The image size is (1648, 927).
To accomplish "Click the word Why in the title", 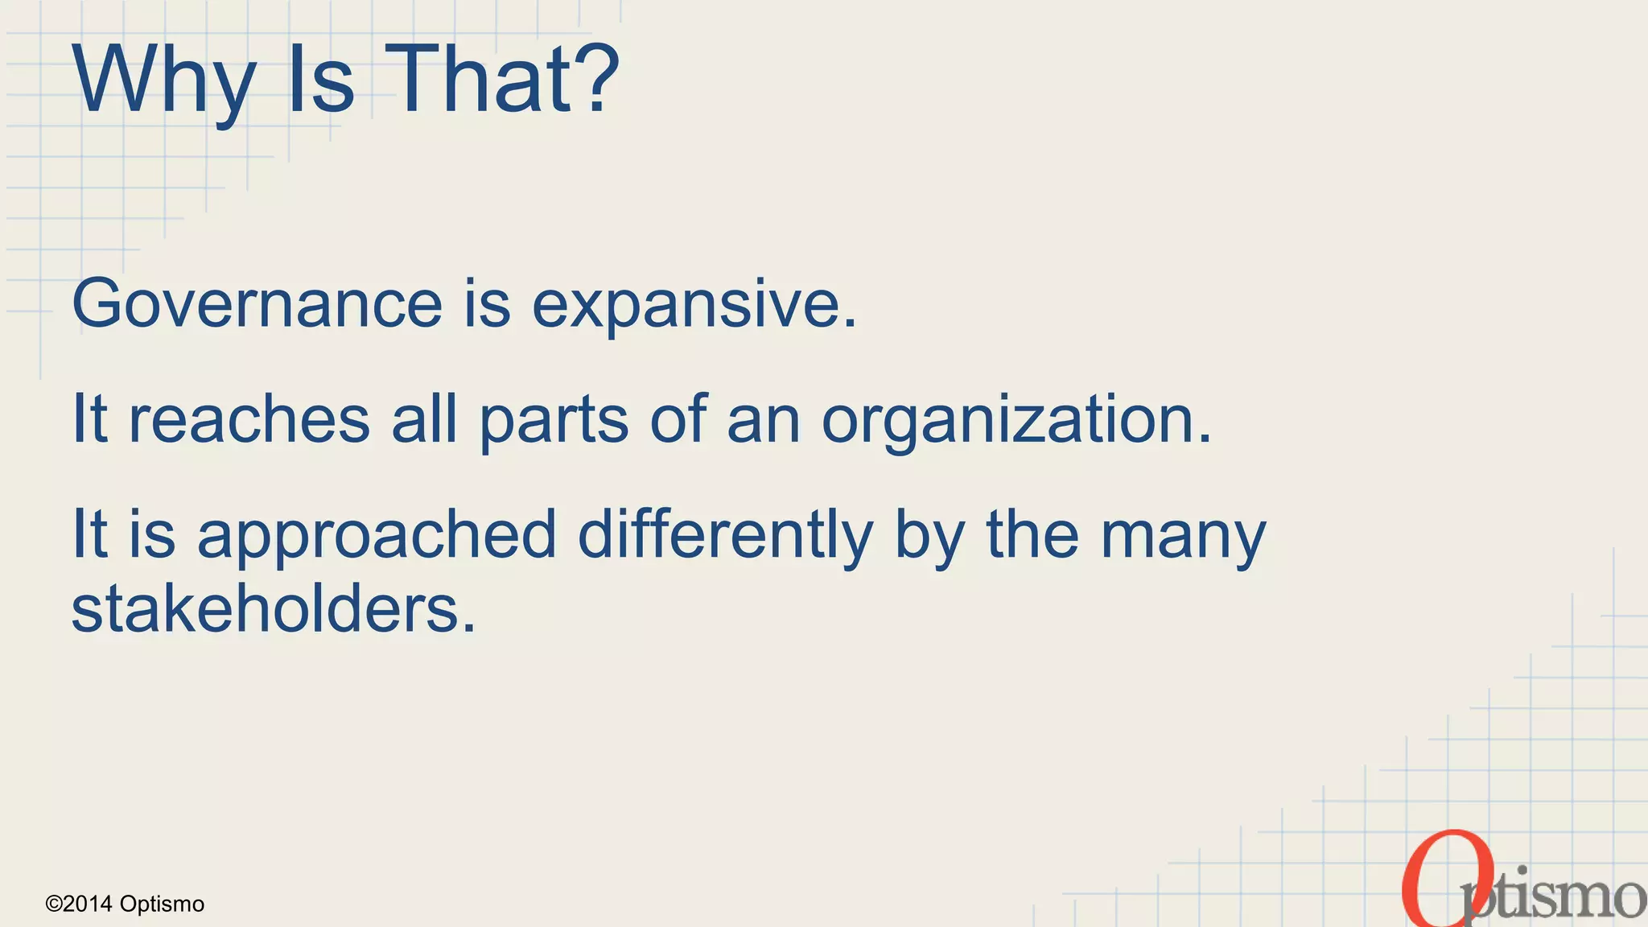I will pyautogui.click(x=164, y=80).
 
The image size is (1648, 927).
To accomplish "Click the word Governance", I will pyautogui.click(x=257, y=304).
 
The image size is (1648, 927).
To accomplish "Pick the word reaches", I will pyautogui.click(x=249, y=419).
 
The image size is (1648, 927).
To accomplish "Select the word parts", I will pyautogui.click(x=554, y=421).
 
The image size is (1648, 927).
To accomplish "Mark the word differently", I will pyautogui.click(x=725, y=535).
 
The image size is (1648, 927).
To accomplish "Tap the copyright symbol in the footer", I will pyautogui.click(x=53, y=904).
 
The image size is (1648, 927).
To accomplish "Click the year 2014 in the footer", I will pyautogui.click(x=88, y=904).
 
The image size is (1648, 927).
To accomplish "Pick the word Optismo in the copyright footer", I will pyautogui.click(x=162, y=904).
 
